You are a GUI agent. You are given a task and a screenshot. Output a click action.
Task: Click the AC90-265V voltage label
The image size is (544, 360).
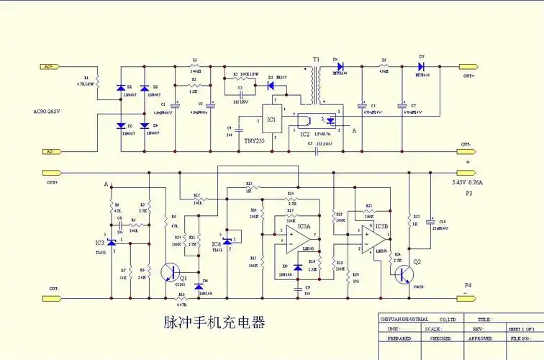click(52, 112)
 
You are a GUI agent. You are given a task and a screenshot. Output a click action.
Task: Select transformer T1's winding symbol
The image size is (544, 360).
click(313, 86)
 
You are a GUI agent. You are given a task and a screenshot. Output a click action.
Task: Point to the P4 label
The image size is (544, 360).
click(468, 286)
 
